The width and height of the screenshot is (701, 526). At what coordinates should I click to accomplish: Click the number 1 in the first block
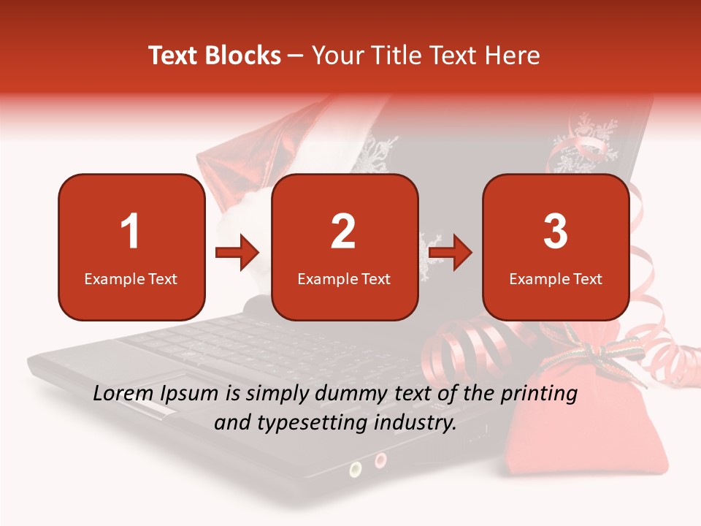[131, 232]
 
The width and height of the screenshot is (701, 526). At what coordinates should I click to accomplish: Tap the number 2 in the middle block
[343, 232]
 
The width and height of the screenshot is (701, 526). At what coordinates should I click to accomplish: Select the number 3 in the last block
[556, 232]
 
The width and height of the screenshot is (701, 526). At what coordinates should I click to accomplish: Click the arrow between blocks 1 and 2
[237, 254]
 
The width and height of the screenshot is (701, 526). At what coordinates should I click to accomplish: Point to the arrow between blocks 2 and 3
[451, 254]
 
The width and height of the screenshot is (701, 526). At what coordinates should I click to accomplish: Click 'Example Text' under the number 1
[131, 278]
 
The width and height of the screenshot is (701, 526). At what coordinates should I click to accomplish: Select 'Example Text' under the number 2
[344, 278]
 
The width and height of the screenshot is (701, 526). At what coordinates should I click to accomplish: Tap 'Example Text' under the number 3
[556, 278]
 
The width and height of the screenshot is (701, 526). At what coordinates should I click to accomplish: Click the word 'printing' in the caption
[538, 394]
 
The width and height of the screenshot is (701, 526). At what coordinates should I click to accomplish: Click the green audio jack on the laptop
[356, 467]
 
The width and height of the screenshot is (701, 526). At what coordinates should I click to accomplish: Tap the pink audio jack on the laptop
[380, 460]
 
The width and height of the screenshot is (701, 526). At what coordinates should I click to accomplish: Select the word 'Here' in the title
[516, 56]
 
